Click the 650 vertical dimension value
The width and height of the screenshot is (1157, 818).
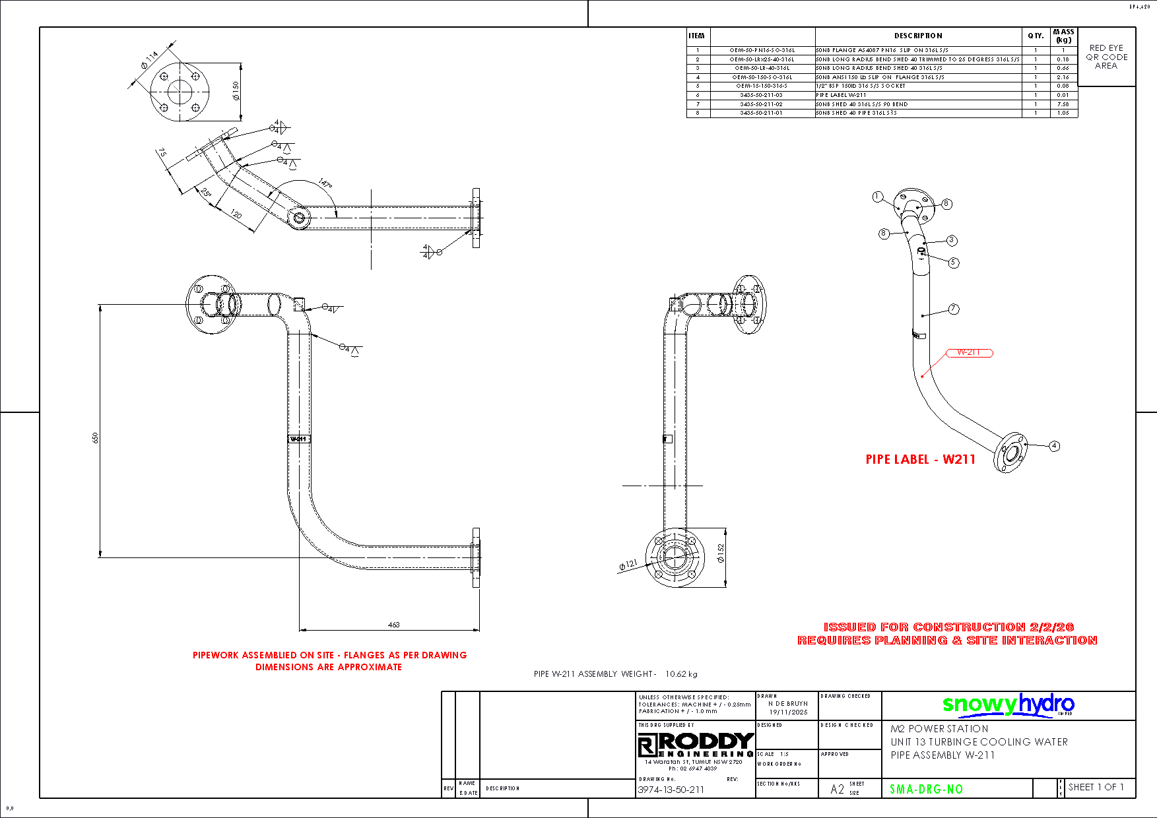(95, 437)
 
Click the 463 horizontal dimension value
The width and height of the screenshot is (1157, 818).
(393, 624)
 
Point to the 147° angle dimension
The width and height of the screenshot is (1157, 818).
(325, 183)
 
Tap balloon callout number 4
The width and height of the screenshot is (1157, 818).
(1054, 446)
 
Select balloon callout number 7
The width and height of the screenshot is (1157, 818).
(953, 309)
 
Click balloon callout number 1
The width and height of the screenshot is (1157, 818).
(877, 197)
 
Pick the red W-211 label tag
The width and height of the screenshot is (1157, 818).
(969, 352)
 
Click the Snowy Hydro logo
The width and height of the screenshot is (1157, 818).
(1008, 705)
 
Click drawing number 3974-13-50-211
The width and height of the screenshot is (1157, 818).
(671, 790)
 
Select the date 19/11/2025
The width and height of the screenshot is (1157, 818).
(788, 712)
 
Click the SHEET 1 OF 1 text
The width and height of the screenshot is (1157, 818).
(1096, 787)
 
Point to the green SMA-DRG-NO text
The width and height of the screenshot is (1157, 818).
(926, 789)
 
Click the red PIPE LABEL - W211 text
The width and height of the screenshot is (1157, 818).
(920, 459)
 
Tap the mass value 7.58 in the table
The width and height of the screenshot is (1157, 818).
(1063, 104)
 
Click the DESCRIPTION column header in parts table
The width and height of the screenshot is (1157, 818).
(918, 36)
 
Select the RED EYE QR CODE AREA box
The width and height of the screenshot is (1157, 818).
(1106, 57)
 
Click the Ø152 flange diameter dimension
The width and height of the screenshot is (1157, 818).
(721, 553)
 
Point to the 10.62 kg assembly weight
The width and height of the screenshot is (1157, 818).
(681, 674)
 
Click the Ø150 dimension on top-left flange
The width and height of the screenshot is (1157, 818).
(236, 90)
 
